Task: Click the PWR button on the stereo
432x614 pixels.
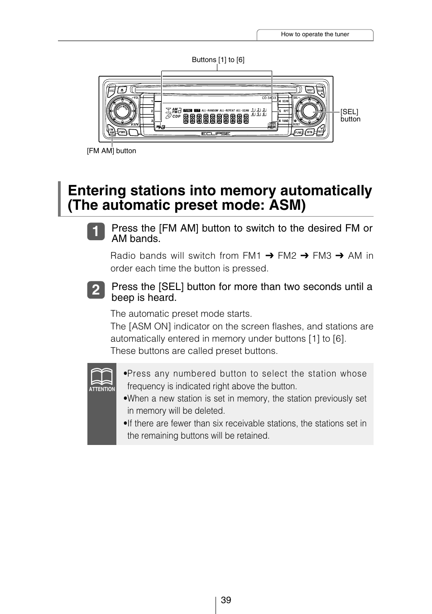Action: click(122, 132)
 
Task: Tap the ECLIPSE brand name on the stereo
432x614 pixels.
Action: click(216, 134)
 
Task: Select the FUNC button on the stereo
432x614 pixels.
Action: click(298, 132)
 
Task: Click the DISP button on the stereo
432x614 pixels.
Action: click(310, 90)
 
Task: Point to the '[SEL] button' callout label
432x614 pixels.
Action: click(350, 116)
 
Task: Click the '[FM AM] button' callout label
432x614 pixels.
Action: click(111, 151)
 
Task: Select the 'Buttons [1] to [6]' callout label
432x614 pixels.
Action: click(218, 60)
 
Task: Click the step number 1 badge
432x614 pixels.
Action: click(96, 231)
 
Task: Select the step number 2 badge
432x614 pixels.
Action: click(96, 290)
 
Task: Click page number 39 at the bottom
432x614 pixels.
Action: click(226, 600)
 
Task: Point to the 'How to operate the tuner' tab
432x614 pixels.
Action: click(315, 34)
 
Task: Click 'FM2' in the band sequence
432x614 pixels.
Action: click(287, 256)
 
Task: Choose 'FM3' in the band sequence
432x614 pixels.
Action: click(322, 256)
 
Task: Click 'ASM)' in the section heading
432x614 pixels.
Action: click(287, 205)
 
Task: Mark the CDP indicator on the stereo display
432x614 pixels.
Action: click(176, 116)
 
